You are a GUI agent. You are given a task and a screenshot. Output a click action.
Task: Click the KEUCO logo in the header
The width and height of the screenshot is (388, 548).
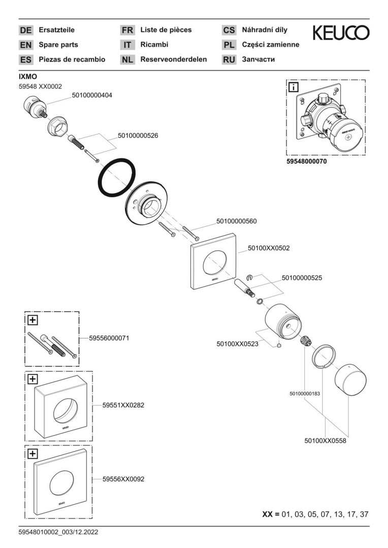coord(341,33)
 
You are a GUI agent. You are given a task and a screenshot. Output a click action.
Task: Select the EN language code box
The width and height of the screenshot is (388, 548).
coord(25,45)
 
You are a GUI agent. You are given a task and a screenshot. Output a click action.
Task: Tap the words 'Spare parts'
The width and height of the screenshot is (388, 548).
coord(58,45)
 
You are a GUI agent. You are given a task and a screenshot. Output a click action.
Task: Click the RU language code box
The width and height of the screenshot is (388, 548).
coord(229,59)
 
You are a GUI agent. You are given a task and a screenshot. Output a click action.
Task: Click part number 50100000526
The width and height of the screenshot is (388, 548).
coord(138,135)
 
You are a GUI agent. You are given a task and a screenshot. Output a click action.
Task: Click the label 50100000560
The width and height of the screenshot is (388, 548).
coord(236,221)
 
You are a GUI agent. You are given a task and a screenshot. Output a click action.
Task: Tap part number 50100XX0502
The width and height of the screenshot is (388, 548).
coord(269,249)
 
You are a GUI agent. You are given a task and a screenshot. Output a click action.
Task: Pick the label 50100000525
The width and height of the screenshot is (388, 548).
coord(302,278)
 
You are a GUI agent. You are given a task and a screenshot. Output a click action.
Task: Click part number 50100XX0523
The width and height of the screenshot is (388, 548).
coord(238,344)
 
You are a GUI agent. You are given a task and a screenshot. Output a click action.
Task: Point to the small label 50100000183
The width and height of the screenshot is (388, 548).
coord(305,393)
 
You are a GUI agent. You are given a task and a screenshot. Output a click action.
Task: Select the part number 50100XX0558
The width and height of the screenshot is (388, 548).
coord(325,441)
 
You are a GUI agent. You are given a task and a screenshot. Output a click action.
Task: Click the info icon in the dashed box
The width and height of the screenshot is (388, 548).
coord(294,87)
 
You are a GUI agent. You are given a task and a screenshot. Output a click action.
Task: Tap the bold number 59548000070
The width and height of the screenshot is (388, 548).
coord(307,161)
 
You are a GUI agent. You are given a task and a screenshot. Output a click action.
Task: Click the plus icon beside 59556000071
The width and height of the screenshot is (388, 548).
coord(33,320)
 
